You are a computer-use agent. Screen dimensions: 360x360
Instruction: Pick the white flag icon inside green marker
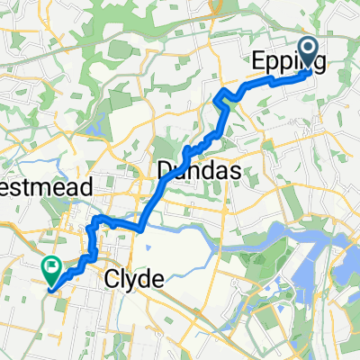[51, 266]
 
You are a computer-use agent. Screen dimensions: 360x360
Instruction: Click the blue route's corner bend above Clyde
[95, 220]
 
